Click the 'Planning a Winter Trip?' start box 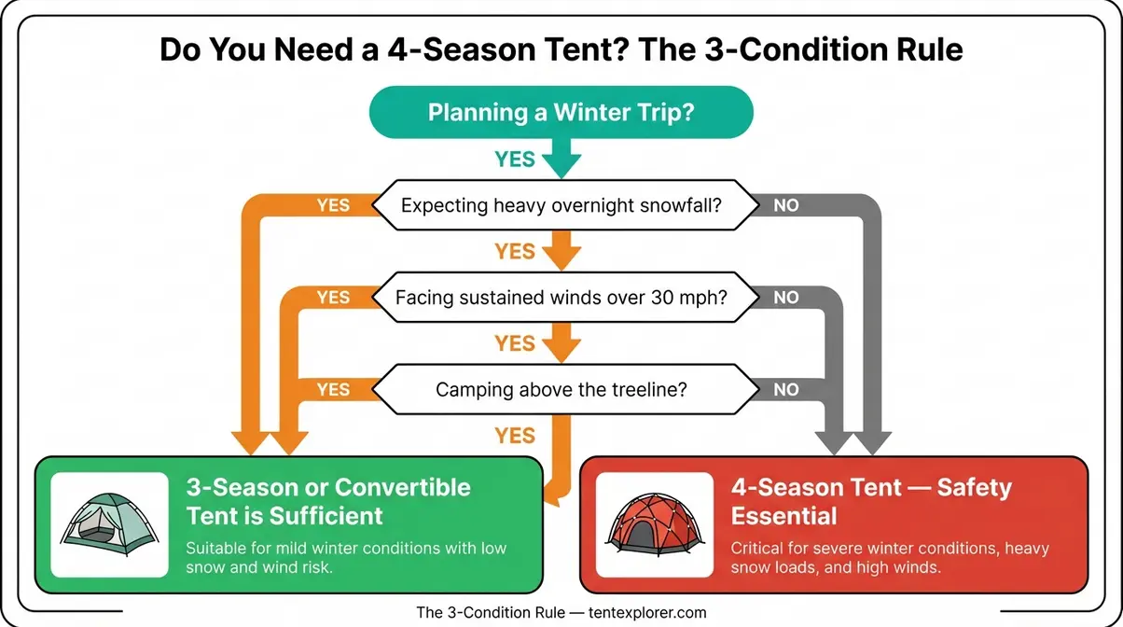coord(561,112)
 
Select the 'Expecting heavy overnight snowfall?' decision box coord(561,204)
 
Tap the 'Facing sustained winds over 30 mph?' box coord(561,299)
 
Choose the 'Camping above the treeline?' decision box coord(561,389)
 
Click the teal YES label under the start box coord(515,160)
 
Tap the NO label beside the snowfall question coord(786,205)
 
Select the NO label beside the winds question coord(786,298)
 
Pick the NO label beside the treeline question coord(786,390)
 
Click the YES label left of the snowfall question coord(333,205)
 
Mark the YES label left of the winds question coord(333,298)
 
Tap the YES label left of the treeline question coord(333,390)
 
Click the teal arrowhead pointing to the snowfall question coord(561,168)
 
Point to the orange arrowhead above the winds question coord(561,258)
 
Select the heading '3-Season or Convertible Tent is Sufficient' coord(328,501)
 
